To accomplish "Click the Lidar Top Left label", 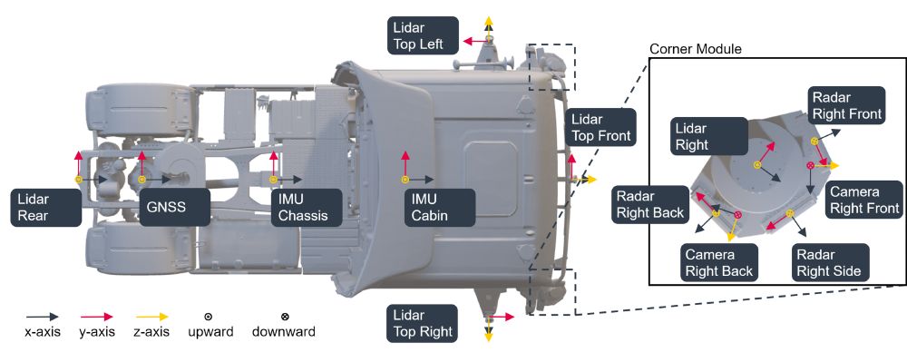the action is [424, 36].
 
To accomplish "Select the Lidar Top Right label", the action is [422, 324].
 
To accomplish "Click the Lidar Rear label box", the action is [45, 208].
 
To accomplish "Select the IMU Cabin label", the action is [440, 208].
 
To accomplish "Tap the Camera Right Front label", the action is [864, 201].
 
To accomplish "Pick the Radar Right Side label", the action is [829, 262].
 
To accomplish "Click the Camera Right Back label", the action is [718, 262].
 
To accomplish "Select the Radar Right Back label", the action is [650, 205].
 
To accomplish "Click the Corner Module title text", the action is [696, 49].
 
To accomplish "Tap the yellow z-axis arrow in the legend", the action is [152, 317].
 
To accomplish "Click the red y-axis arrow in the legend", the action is [96, 317].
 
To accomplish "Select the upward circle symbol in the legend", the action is [209, 317].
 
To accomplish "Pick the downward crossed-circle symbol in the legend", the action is [285, 317].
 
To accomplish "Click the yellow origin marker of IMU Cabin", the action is [405, 180].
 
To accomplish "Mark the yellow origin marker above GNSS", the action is [141, 180].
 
